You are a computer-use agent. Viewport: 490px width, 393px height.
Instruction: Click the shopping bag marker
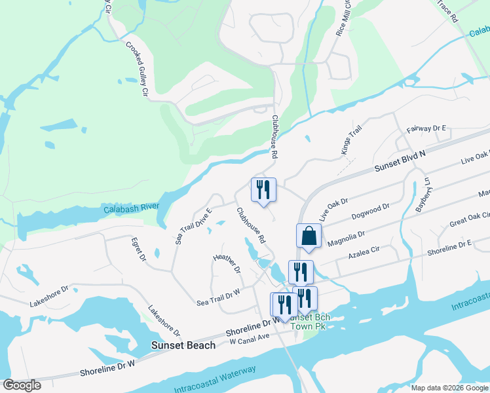[309, 236]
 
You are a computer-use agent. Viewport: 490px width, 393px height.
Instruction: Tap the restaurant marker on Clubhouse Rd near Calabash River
[263, 190]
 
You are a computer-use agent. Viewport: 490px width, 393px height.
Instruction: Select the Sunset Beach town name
[183, 345]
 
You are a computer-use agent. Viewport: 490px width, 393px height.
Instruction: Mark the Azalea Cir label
[364, 252]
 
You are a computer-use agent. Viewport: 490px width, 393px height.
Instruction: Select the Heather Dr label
[227, 264]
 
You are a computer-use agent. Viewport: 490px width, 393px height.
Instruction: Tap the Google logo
[22, 385]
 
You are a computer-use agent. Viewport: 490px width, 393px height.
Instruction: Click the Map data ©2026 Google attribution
[450, 388]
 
